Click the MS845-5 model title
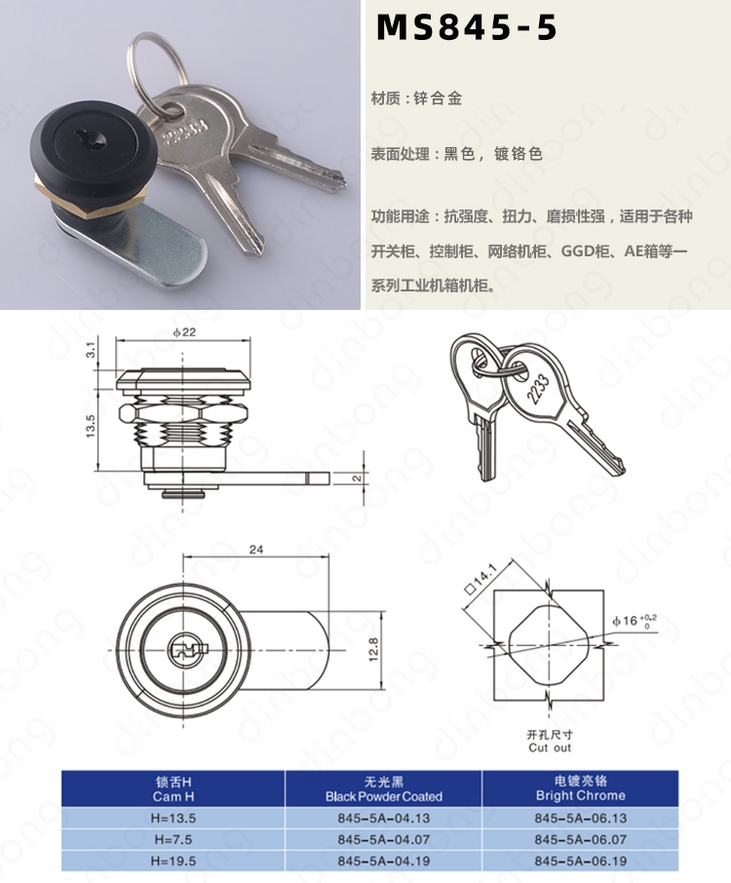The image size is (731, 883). click(466, 27)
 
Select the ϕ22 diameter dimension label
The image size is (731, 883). click(184, 332)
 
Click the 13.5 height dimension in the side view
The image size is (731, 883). click(90, 427)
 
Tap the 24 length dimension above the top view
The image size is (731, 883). click(256, 550)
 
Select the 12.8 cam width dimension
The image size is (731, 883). click(373, 650)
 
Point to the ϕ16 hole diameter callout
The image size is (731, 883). click(635, 621)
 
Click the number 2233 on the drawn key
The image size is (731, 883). click(538, 389)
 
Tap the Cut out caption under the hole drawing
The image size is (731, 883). click(550, 748)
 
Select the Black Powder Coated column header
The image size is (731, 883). click(383, 796)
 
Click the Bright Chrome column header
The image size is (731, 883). click(581, 795)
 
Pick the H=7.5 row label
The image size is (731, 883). click(173, 840)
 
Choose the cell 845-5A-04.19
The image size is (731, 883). click(383, 861)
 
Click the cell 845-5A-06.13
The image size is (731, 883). click(581, 819)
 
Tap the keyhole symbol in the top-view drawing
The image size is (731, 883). click(183, 649)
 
